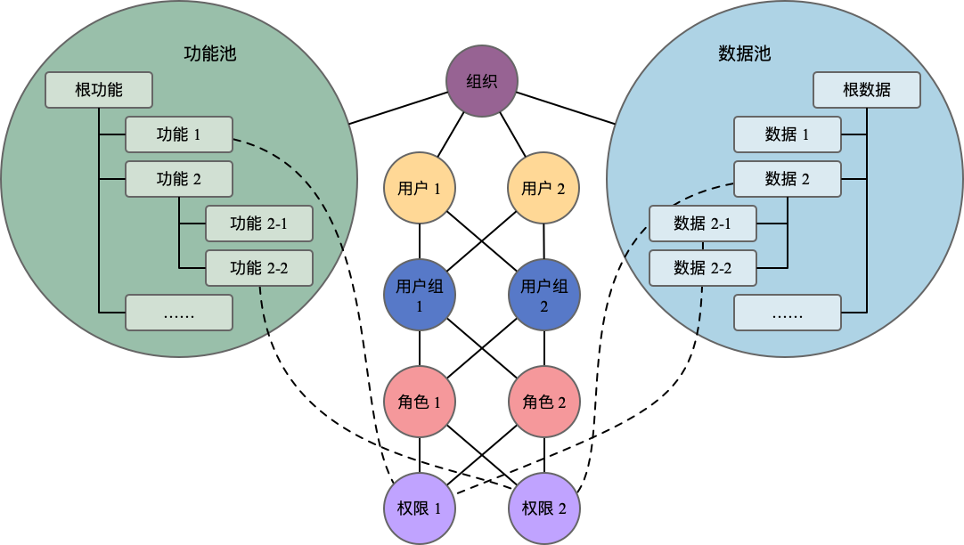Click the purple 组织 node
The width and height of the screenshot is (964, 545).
click(482, 82)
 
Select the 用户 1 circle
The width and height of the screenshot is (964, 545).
click(420, 188)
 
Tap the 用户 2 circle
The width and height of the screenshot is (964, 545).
click(543, 188)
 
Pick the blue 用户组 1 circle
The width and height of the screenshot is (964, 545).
click(420, 296)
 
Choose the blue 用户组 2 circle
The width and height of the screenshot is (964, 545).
click(543, 296)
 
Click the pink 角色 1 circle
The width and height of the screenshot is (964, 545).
click(420, 402)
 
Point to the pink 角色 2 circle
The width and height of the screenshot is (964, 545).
click(543, 402)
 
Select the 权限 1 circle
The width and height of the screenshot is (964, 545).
click(420, 508)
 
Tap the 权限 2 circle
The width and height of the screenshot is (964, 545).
click(543, 508)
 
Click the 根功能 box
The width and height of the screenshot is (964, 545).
click(99, 90)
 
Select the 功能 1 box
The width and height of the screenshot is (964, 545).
click(178, 134)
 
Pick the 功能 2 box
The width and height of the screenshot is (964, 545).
click(178, 179)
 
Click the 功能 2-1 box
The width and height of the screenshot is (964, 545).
click(258, 224)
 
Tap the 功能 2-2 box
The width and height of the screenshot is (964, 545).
click(258, 267)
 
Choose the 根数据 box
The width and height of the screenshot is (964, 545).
click(866, 90)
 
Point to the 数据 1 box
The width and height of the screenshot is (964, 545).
click(787, 134)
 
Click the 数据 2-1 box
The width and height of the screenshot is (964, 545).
click(702, 224)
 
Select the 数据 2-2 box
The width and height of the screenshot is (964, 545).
click(702, 267)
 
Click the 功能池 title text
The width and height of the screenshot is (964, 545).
click(209, 53)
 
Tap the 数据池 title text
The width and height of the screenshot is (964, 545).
click(744, 53)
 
